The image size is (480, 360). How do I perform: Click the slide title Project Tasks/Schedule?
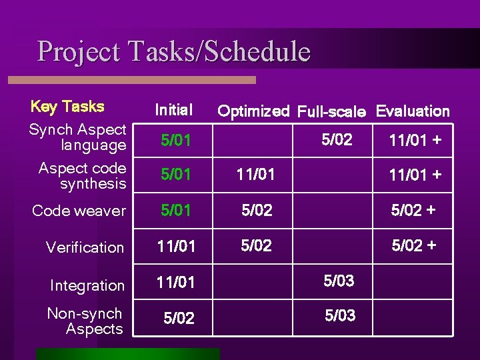[174, 52]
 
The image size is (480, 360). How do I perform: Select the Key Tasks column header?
[67, 107]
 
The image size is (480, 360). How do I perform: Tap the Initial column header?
[173, 109]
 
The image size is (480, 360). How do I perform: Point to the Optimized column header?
[253, 111]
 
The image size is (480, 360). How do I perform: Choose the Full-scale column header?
[331, 111]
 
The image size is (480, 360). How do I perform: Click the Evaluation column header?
[413, 111]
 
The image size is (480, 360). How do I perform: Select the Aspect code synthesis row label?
[82, 176]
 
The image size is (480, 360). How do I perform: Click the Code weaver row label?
[79, 211]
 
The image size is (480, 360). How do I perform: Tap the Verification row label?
[85, 247]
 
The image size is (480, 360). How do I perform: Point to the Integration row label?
[87, 285]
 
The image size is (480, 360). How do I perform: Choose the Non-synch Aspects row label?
[85, 321]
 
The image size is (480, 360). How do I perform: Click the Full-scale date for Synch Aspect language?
[337, 140]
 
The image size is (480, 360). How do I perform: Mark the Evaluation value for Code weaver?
[413, 210]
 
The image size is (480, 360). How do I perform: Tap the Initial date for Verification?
[177, 247]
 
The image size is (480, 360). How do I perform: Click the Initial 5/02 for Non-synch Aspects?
[179, 319]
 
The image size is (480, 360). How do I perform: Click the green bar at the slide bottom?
[127, 353]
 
